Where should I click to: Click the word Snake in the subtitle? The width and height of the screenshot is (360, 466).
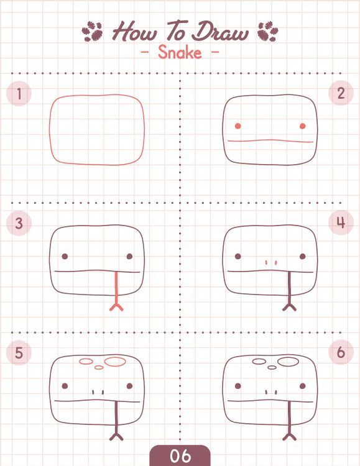pos(180,52)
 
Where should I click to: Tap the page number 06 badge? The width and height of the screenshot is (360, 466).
pos(180,455)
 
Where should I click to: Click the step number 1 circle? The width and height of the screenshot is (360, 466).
pos(19,93)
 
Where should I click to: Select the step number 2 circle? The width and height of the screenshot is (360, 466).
pos(341,93)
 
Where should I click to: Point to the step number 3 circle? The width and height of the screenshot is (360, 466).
pos(19,223)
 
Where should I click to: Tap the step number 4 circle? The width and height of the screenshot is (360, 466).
pos(341,222)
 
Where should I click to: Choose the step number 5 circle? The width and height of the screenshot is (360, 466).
pos(19,352)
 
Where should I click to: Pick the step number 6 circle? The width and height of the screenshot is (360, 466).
pos(341,352)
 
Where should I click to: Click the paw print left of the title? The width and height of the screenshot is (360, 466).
pos(92,31)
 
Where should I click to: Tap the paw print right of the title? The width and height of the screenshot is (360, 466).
pos(268,31)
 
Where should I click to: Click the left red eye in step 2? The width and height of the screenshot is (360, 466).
pos(238,126)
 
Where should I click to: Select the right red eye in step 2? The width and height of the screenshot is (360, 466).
pos(303,126)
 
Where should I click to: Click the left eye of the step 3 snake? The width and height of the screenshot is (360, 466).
pos(65,256)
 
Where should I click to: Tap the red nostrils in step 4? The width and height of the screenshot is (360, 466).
pos(271,262)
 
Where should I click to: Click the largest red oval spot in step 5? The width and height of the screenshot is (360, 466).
pos(115,362)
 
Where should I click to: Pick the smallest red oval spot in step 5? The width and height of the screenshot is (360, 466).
pos(99,368)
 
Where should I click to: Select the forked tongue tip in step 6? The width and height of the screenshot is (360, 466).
pos(289,437)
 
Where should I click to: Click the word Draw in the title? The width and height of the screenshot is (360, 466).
pos(219,31)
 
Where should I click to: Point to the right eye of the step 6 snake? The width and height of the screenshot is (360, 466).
pos(303,386)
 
